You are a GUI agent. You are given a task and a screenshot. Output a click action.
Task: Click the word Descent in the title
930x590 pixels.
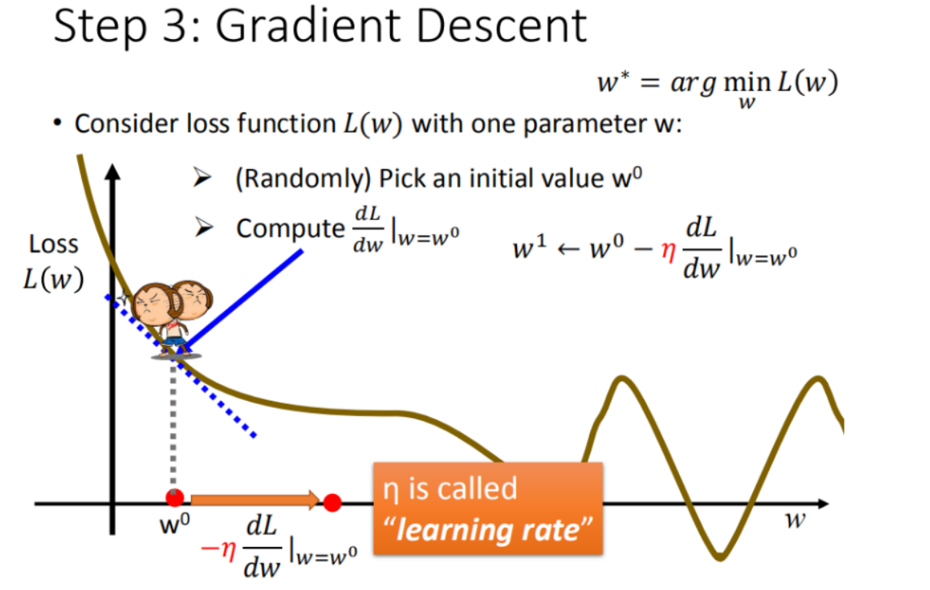click(502, 26)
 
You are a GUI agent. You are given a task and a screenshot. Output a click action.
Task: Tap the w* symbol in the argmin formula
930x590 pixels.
click(613, 81)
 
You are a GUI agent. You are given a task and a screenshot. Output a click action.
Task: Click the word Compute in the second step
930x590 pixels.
click(290, 228)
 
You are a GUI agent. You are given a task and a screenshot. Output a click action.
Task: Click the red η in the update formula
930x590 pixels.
click(668, 251)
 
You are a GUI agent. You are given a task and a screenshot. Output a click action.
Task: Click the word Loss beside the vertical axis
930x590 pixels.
click(54, 245)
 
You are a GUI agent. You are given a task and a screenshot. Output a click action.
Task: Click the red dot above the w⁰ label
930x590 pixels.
click(174, 498)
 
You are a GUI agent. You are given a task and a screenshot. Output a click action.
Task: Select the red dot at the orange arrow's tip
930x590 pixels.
click(332, 503)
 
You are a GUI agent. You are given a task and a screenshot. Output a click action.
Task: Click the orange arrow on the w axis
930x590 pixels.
click(255, 500)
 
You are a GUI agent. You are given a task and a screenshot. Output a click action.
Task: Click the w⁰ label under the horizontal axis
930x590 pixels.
click(175, 523)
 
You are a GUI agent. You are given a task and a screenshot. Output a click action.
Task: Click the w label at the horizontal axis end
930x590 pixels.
click(795, 520)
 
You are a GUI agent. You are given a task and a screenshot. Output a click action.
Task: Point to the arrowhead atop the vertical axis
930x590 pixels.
click(112, 172)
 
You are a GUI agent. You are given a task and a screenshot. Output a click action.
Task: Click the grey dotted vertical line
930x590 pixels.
click(173, 424)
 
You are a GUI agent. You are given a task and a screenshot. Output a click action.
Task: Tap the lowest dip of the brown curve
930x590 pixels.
click(719, 557)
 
